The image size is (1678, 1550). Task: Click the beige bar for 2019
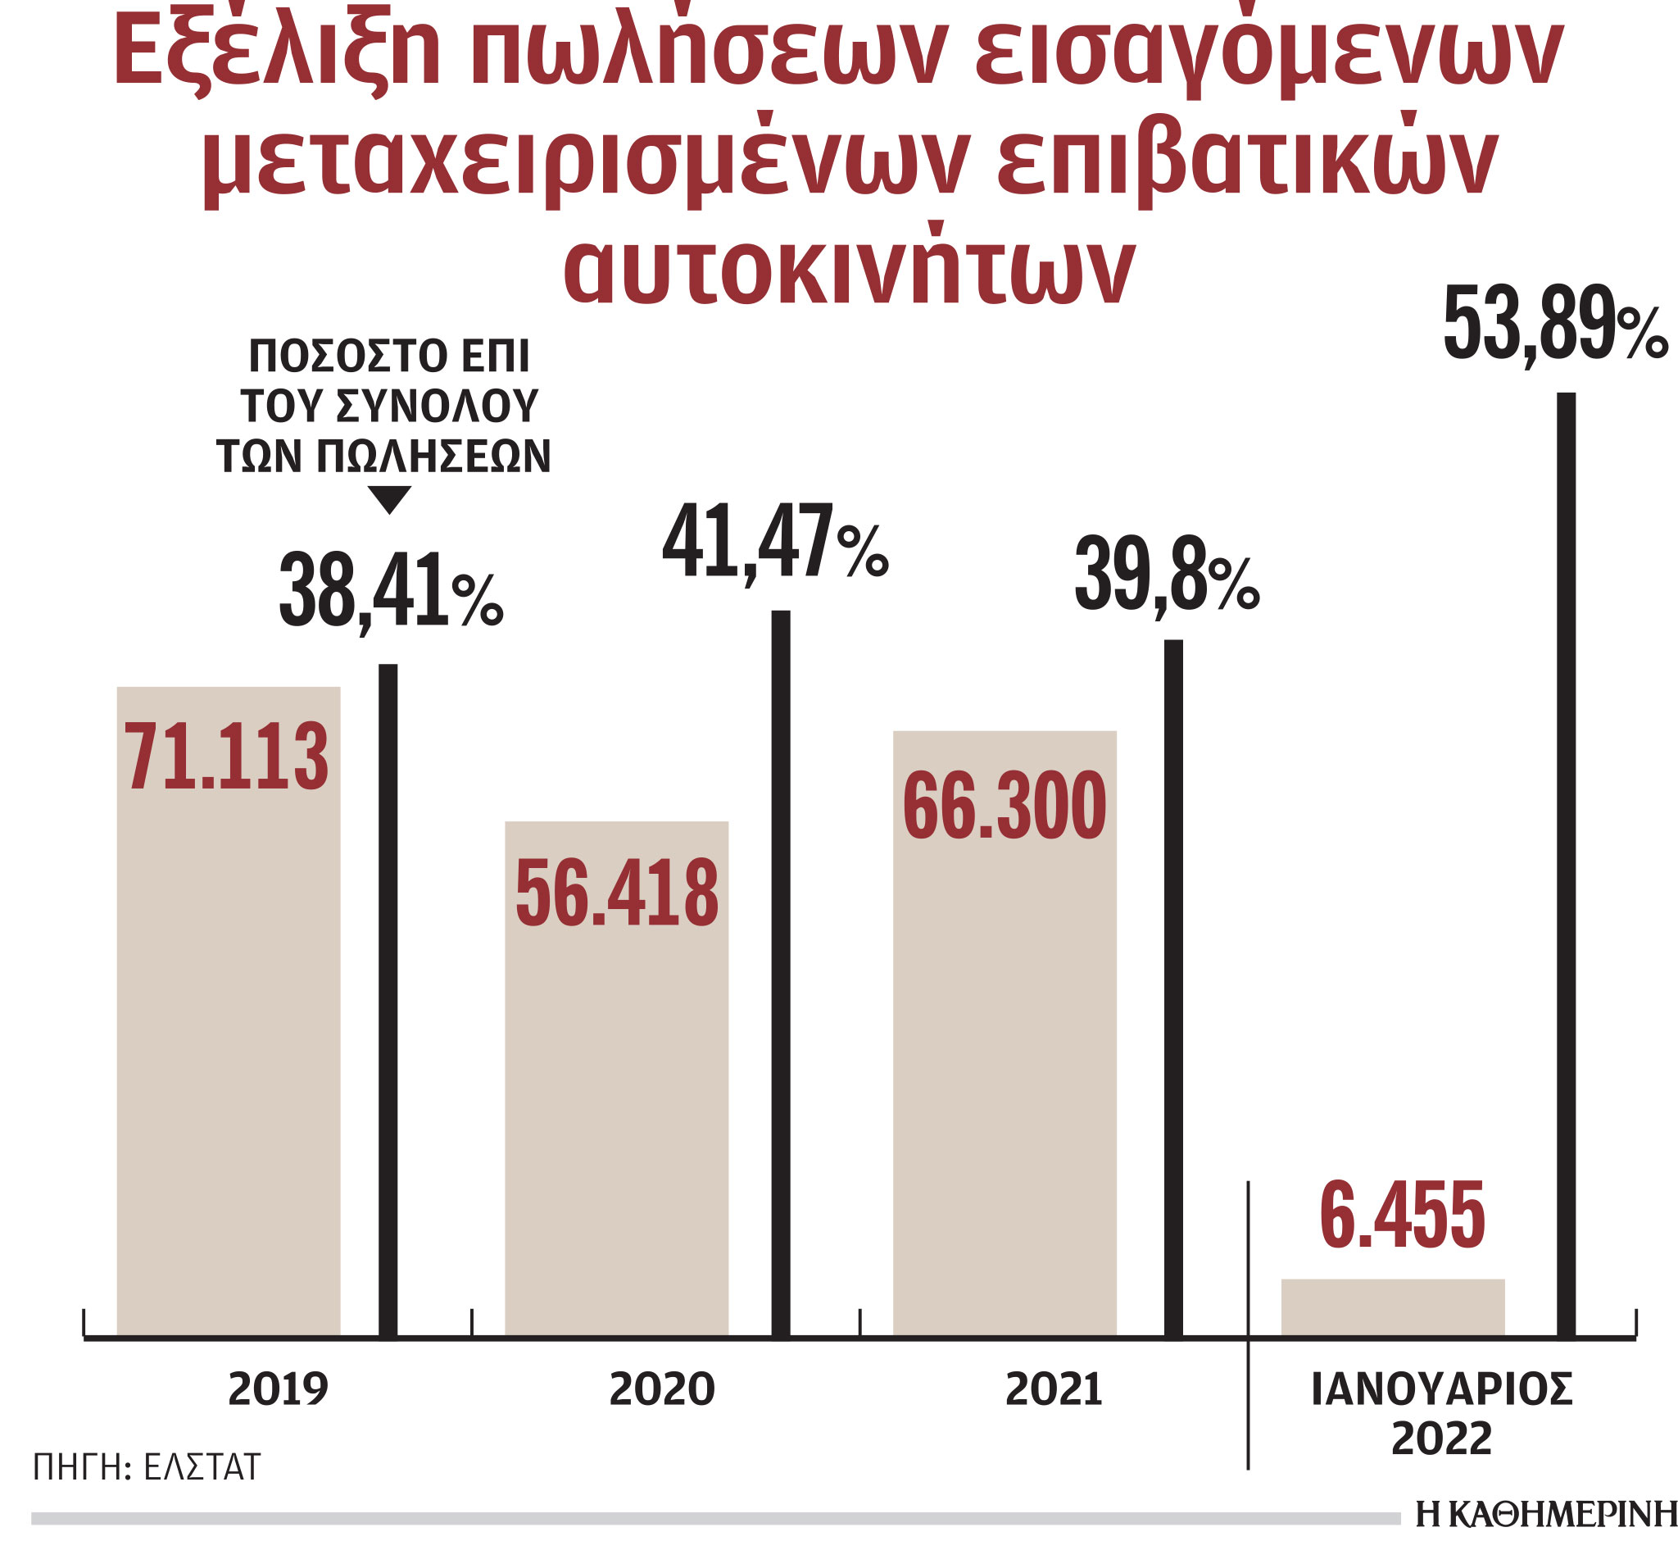tap(228, 1048)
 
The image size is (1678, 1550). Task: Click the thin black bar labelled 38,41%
tap(388, 998)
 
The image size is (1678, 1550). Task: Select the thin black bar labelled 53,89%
tap(1566, 864)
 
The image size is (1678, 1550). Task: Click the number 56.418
tap(616, 893)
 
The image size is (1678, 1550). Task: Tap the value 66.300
tap(1005, 805)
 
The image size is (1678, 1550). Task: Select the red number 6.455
tap(1402, 1216)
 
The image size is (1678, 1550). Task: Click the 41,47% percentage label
tap(773, 542)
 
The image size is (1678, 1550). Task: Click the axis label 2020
tap(662, 1390)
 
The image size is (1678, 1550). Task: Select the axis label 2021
tap(1054, 1390)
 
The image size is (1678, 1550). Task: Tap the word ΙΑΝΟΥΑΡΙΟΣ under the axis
tap(1440, 1390)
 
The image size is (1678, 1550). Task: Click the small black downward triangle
tap(389, 499)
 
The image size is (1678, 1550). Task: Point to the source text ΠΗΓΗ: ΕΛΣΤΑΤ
tap(147, 1467)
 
